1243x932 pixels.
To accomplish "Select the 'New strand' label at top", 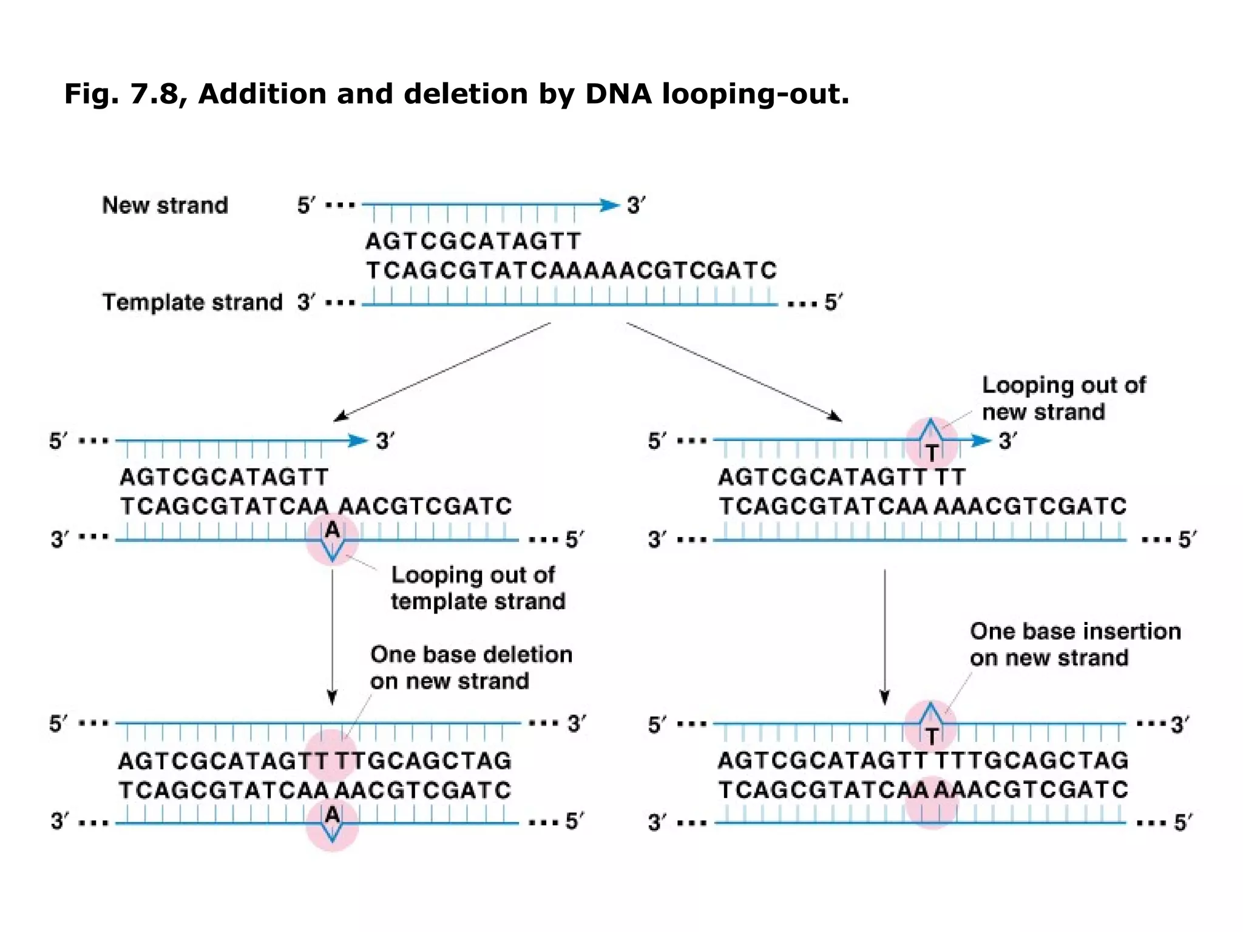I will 164,205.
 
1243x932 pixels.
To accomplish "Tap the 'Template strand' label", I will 192,302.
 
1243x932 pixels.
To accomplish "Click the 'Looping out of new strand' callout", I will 1063,398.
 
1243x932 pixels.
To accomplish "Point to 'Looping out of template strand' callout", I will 477,588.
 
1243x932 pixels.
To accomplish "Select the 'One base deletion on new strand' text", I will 471,667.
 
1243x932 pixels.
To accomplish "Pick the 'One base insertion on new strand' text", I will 1075,644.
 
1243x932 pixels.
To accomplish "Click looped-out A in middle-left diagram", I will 332,530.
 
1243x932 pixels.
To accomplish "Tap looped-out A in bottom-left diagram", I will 332,814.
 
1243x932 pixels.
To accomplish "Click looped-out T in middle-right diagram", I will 932,452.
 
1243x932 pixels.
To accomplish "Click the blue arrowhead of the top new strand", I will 608,205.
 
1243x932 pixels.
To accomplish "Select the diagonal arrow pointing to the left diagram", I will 442,371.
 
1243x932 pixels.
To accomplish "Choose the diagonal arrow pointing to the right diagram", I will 734,371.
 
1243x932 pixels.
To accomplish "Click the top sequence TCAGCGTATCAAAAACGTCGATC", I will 571,271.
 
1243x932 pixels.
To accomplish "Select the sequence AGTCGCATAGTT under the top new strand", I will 473,241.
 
